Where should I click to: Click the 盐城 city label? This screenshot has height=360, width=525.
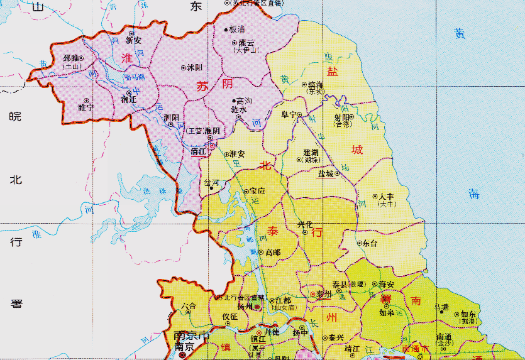pyautogui.click(x=326, y=175)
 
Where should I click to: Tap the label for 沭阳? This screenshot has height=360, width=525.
pyautogui.click(x=195, y=67)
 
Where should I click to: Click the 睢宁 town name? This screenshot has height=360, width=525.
pyautogui.click(x=86, y=107)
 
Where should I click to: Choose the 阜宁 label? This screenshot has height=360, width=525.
pyautogui.click(x=289, y=115)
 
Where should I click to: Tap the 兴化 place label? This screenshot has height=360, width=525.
pyautogui.click(x=305, y=224)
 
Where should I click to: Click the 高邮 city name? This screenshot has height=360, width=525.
pyautogui.click(x=274, y=252)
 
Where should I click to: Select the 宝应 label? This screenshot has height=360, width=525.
pyautogui.click(x=257, y=191)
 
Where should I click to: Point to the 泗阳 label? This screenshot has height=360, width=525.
pyautogui.click(x=170, y=117)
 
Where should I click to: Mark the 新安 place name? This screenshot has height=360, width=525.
pyautogui.click(x=133, y=40)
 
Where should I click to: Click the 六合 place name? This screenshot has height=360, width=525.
pyautogui.click(x=188, y=306)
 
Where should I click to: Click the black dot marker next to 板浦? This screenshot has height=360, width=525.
pyautogui.click(x=226, y=30)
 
